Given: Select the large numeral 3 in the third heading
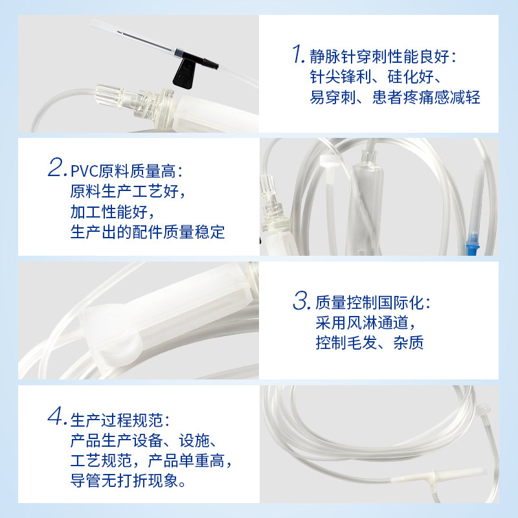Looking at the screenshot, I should [x=300, y=301].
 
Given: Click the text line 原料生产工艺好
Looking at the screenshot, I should [x=131, y=192].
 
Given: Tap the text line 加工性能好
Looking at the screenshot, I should [x=113, y=212].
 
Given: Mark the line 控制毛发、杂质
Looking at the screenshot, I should [x=369, y=343].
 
